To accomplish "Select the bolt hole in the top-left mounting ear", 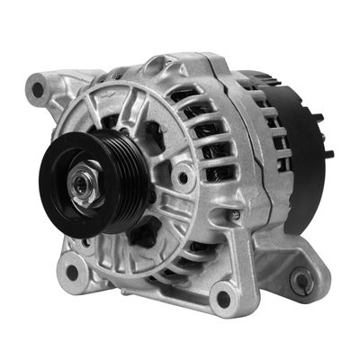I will click(37, 90).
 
